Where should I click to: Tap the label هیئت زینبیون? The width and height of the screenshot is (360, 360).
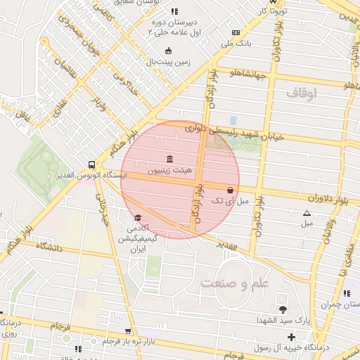coord(168,171)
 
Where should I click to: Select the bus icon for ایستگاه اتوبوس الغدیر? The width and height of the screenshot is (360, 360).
coord(93,163)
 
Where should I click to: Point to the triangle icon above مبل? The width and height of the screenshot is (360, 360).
coord(306,213)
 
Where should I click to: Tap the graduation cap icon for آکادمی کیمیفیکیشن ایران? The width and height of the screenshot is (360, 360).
coord(138,218)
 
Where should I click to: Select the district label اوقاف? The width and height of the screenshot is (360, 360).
coord(302,92)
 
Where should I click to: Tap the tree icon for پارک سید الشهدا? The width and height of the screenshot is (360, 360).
coord(283,309)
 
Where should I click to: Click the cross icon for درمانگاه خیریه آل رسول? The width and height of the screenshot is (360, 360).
coord(291,337)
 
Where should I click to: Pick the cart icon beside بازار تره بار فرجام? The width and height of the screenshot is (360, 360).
coord(127,330)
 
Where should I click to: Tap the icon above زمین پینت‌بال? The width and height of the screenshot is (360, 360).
coord(167,51)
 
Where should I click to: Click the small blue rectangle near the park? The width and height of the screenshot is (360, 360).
coord(233,120)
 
